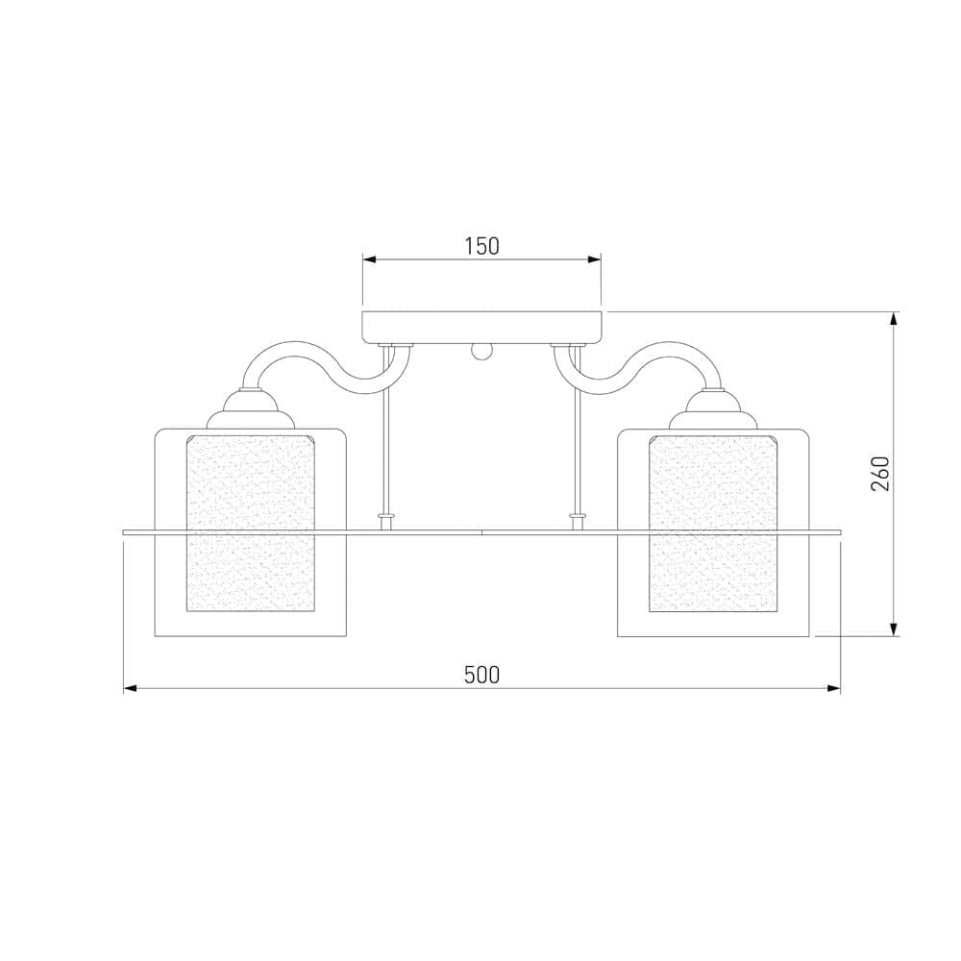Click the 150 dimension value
coord(481,246)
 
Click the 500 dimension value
coord(481,675)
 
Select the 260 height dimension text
coord(880,474)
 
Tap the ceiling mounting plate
coord(481,328)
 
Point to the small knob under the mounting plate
coord(481,353)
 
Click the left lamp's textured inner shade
coord(251,523)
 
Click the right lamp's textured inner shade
coord(713,523)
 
